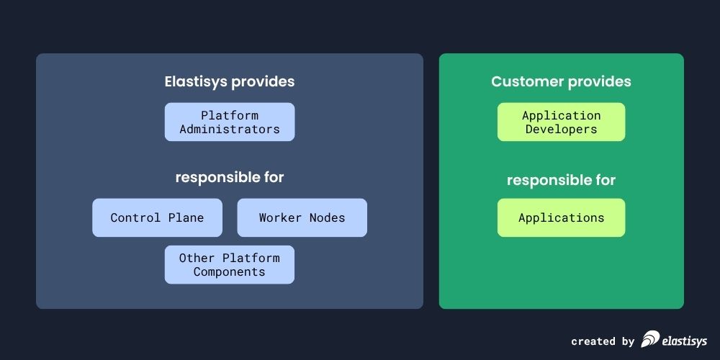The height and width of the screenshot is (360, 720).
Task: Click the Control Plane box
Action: click(157, 217)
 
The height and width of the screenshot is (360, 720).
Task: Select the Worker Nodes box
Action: click(302, 217)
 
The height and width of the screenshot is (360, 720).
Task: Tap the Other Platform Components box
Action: click(229, 264)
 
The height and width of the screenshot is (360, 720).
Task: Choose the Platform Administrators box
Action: click(229, 122)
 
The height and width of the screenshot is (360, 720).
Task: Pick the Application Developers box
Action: click(561, 122)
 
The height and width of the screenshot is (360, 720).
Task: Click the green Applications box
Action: click(561, 217)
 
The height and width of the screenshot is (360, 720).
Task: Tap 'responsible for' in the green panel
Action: click(561, 180)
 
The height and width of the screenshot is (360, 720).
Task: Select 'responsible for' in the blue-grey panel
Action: click(229, 177)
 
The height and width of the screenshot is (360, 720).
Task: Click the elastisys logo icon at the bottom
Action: click(651, 339)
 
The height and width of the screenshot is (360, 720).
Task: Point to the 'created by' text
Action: click(603, 341)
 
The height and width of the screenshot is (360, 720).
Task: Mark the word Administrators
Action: click(229, 130)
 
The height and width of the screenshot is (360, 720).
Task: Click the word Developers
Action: click(561, 130)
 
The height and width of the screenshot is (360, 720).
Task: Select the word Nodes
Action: click(327, 217)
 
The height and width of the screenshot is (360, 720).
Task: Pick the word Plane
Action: click(186, 217)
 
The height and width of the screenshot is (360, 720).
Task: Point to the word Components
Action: click(229, 272)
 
